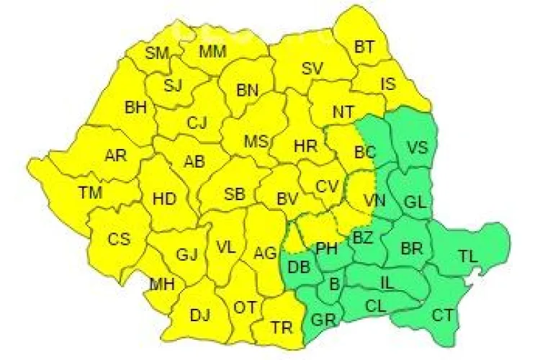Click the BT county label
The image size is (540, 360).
pos(365,47)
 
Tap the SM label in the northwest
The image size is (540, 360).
pos(156,53)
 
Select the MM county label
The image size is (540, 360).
pos(212,52)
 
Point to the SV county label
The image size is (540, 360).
pos(312,69)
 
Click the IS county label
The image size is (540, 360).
pos(388,84)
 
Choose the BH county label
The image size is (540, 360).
pos(135,108)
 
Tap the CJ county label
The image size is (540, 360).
pos(197,123)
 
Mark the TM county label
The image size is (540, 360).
pos(91,192)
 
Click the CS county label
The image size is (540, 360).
pos(119,239)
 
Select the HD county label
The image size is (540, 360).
pos(164,199)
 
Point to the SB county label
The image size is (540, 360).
pos(235,194)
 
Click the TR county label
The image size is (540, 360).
pos(282,328)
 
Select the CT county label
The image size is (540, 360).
pos(442,315)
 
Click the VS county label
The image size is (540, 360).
pos(418,148)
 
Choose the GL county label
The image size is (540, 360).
pos(415,202)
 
